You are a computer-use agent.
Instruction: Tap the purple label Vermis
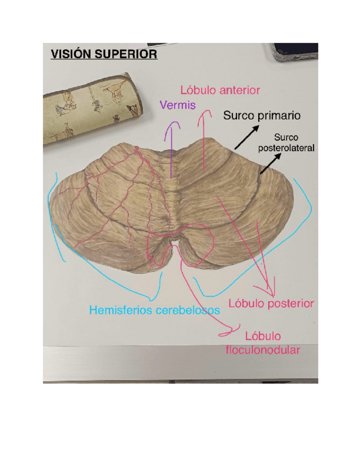pyautogui.click(x=177, y=104)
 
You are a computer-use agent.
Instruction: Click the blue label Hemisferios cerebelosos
pyautogui.click(x=154, y=310)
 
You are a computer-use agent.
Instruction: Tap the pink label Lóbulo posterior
pyautogui.click(x=275, y=303)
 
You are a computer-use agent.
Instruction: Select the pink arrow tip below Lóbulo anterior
pyautogui.click(x=206, y=114)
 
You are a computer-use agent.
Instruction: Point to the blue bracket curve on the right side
pyautogui.click(x=300, y=220)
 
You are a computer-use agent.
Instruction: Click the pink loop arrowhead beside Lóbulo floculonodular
pyautogui.click(x=226, y=332)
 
